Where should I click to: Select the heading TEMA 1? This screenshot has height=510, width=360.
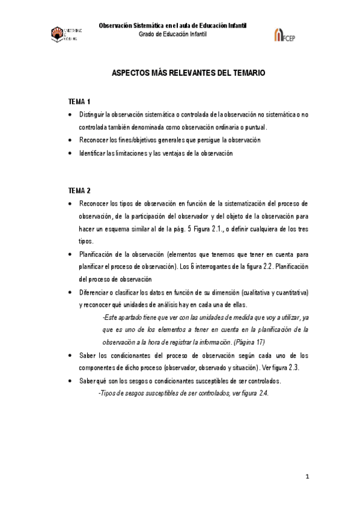coord(79,101)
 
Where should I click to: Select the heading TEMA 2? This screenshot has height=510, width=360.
coord(79,190)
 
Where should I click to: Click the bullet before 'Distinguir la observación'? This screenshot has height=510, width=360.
coord(71,114)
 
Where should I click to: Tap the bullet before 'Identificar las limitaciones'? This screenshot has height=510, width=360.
coord(71,153)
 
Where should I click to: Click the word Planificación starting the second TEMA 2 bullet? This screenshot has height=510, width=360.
coord(97,254)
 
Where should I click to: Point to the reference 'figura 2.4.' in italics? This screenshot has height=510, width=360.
coord(252,393)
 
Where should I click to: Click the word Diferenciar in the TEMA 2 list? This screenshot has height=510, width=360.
coord(95,292)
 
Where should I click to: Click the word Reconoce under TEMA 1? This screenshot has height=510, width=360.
coord(94,140)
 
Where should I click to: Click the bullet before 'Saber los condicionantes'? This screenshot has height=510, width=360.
coord(71,355)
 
